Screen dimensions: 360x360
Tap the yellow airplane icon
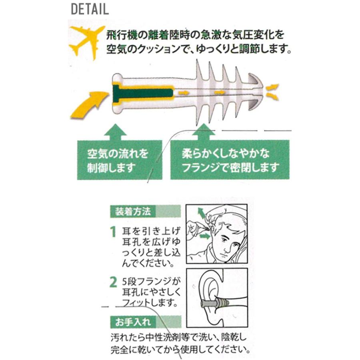click(84, 42)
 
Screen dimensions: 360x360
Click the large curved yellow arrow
click(89, 104)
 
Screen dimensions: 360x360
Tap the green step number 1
click(113, 232)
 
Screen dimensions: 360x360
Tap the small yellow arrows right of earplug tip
click(272, 92)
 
